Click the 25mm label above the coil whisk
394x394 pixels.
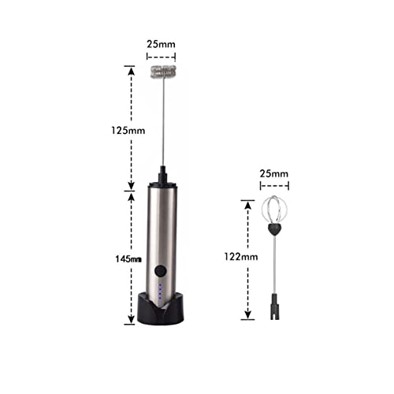coord(162,44)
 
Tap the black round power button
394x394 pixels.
coord(162,271)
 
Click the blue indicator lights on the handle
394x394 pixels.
coord(162,293)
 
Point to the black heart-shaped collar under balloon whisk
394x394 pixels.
coord(275,230)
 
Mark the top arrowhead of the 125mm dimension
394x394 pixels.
coord(130,69)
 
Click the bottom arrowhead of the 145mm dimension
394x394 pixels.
coord(130,321)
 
